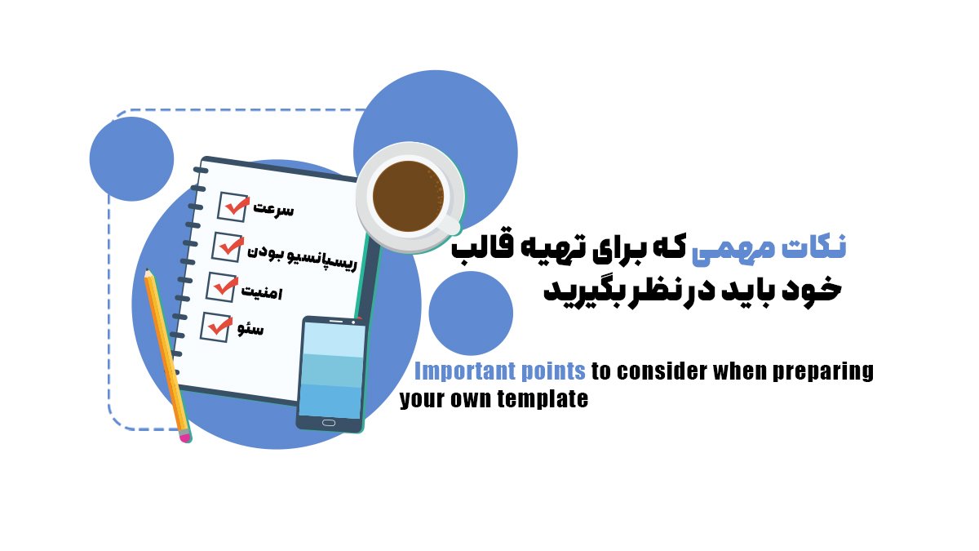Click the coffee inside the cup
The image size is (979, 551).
[408, 196]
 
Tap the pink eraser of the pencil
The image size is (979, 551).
[185, 438]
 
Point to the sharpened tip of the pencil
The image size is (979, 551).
[147, 273]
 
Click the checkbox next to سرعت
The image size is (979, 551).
[233, 207]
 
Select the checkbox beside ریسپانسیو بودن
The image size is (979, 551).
[227, 245]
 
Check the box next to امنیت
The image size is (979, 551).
[220, 286]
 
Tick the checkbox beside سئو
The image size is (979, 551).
[216, 326]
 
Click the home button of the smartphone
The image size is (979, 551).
[328, 423]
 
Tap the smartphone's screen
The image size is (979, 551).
[331, 371]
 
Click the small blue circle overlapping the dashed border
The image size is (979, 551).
[131, 158]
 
